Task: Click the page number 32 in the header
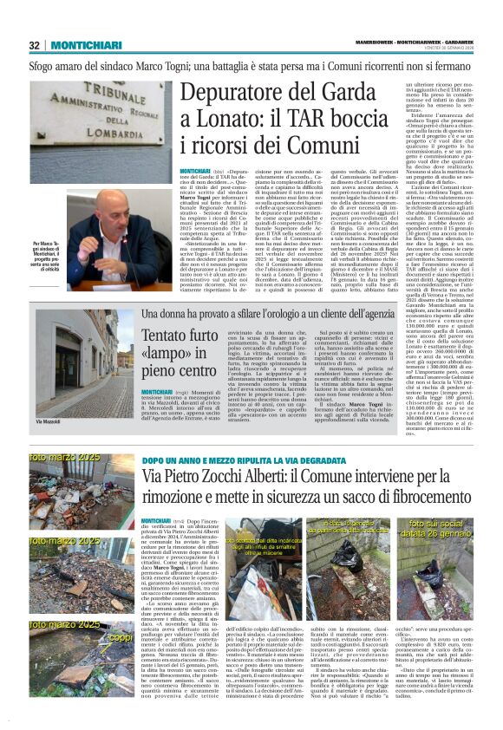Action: pyautogui.click(x=36, y=45)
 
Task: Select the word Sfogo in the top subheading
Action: pyautogui.click(x=44, y=65)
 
